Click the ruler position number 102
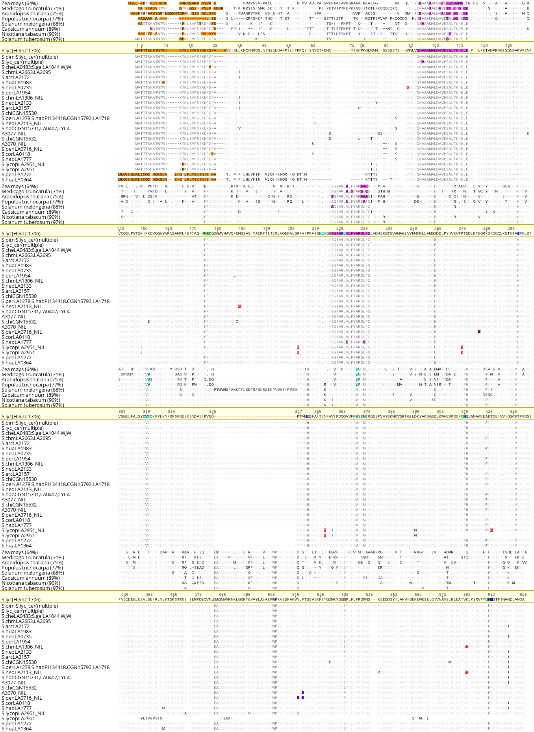tap(436, 46)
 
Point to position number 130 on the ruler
tap(508, 46)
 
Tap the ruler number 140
tap(121, 229)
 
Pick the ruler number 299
tap(511, 229)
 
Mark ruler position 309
tap(122, 412)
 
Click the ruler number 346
tap(212, 412)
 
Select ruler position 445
tap(125, 595)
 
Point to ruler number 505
tap(271, 595)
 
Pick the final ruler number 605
tap(523, 595)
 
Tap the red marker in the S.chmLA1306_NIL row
tap(466, 647)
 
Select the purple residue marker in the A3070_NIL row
tap(303, 693)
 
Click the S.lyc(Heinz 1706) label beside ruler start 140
tap(21, 234)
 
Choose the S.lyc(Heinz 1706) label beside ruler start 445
tap(21, 600)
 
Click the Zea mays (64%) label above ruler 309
tap(20, 370)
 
